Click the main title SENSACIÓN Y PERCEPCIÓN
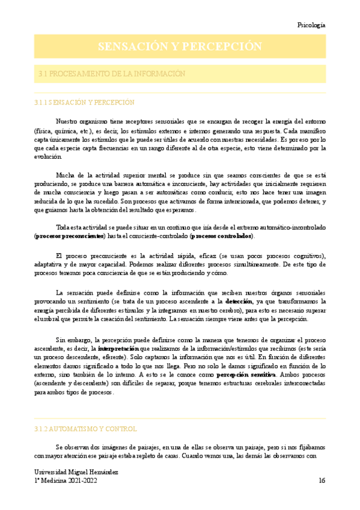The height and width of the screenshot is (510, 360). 180,47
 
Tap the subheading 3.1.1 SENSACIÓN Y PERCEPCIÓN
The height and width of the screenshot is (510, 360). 84,103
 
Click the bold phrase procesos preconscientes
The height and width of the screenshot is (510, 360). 70,236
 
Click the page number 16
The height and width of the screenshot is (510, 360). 322,481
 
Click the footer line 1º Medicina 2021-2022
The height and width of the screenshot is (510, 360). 64,481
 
